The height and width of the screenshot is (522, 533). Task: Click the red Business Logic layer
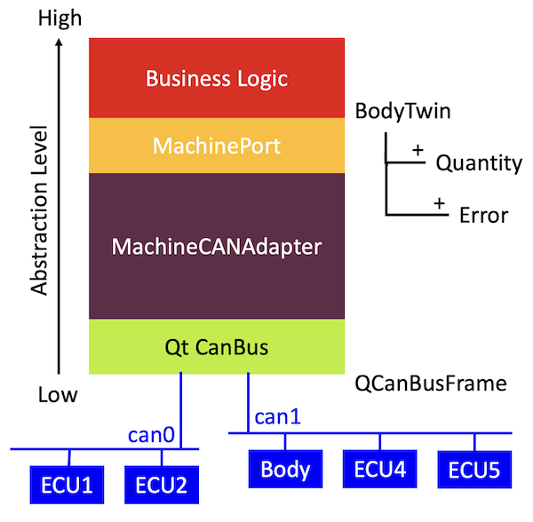(x=217, y=78)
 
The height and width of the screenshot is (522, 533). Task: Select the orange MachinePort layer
(x=217, y=145)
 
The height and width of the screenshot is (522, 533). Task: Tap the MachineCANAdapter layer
(x=217, y=246)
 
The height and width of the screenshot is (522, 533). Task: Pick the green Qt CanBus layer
(x=217, y=347)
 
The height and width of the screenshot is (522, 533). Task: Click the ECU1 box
(x=68, y=486)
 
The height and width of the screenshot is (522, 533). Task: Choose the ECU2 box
(x=162, y=486)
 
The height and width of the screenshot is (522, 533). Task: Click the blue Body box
(x=285, y=470)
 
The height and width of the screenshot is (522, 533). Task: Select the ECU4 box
(x=379, y=470)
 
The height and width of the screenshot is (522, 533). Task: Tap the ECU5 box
(x=474, y=470)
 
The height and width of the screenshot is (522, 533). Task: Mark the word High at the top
(x=59, y=17)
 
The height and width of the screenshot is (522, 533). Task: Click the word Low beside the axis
(x=58, y=394)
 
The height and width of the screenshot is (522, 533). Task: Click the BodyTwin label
(x=402, y=112)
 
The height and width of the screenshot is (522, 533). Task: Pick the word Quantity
(x=478, y=163)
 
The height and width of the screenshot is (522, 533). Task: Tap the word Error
(x=483, y=215)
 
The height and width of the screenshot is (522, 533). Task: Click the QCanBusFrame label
(x=430, y=384)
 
